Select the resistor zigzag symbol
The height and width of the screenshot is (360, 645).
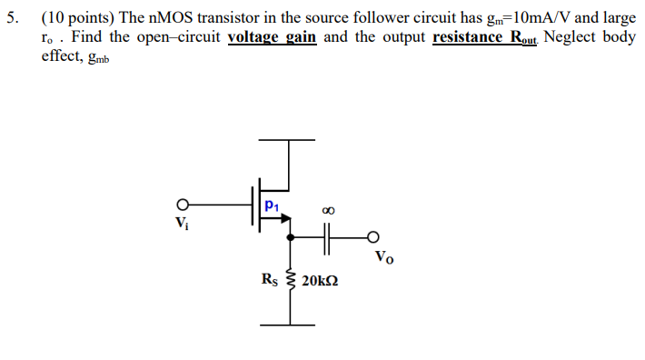[x=291, y=279]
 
